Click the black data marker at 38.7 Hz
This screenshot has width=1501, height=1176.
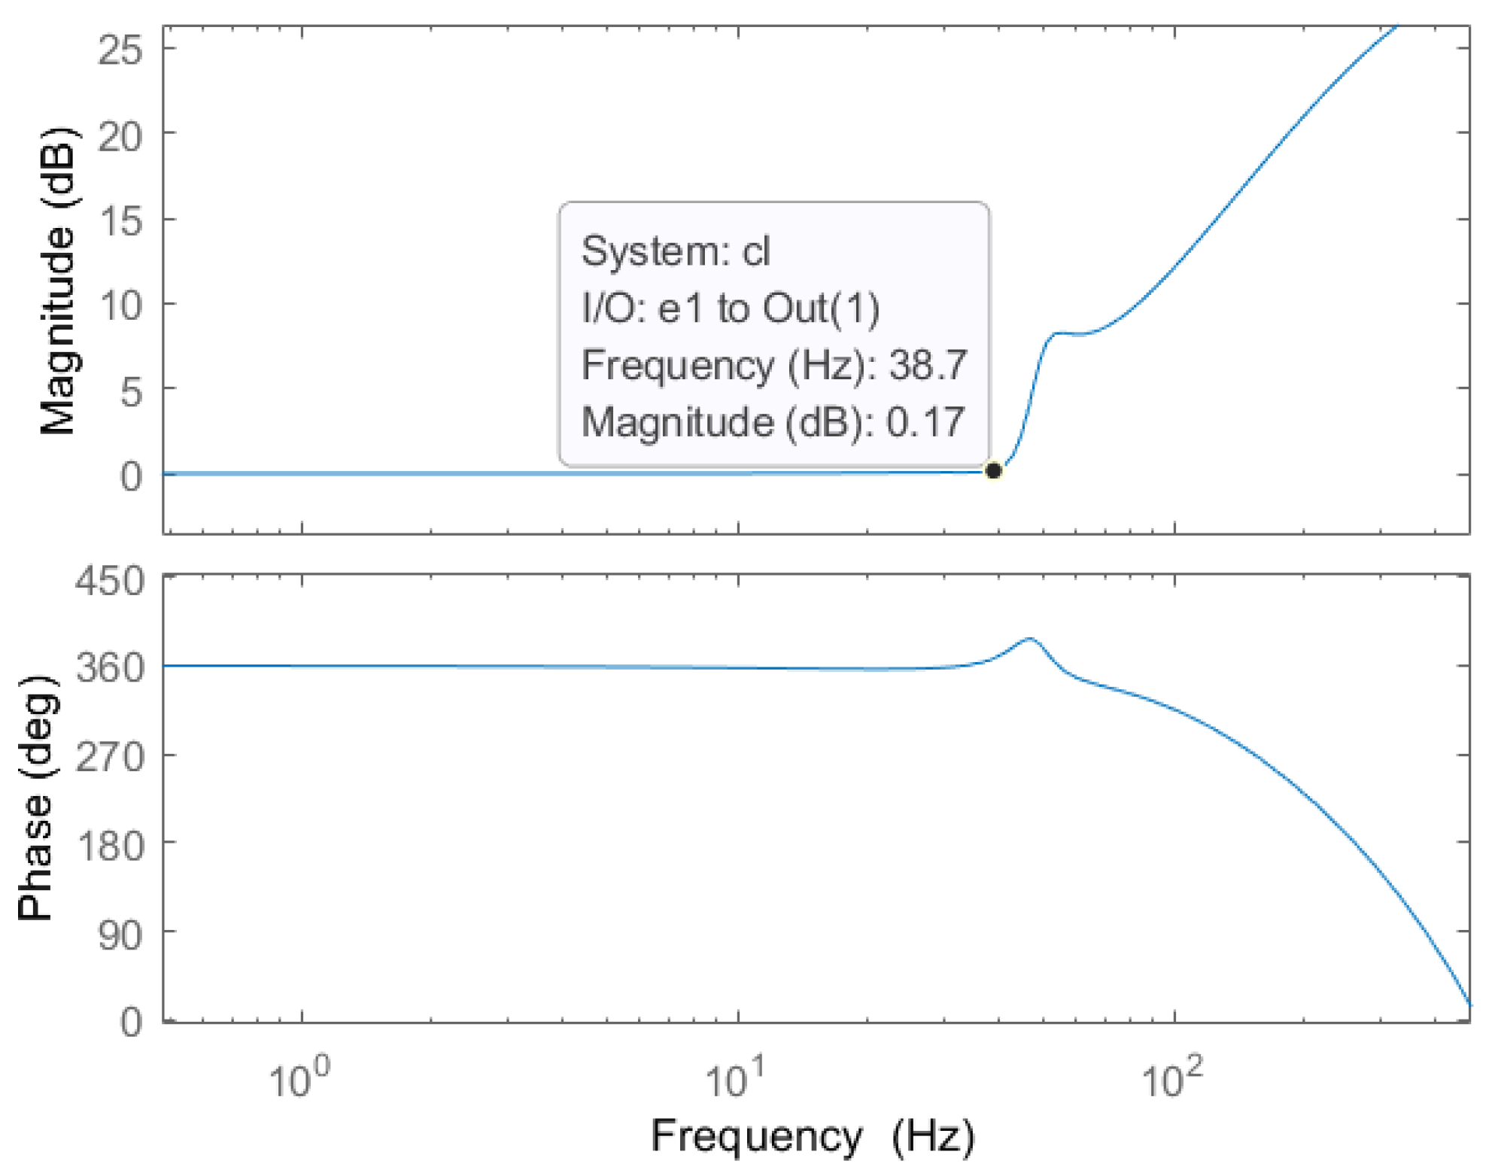[992, 471]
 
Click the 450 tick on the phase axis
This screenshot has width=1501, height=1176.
[110, 582]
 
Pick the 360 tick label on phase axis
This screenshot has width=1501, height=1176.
[110, 667]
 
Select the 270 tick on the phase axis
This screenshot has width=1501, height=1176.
[110, 756]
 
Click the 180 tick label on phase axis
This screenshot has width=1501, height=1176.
[110, 846]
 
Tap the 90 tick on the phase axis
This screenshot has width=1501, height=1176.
[120, 935]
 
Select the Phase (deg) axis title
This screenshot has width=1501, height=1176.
[35, 798]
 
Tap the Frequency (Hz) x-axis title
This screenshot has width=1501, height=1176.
[813, 1136]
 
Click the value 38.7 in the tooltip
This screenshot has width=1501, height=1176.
[928, 366]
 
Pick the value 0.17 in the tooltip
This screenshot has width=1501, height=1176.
[925, 422]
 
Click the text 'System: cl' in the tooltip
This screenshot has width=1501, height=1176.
[676, 251]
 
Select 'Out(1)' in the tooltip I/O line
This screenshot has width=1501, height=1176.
[821, 308]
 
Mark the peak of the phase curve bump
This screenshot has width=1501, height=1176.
[1030, 639]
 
